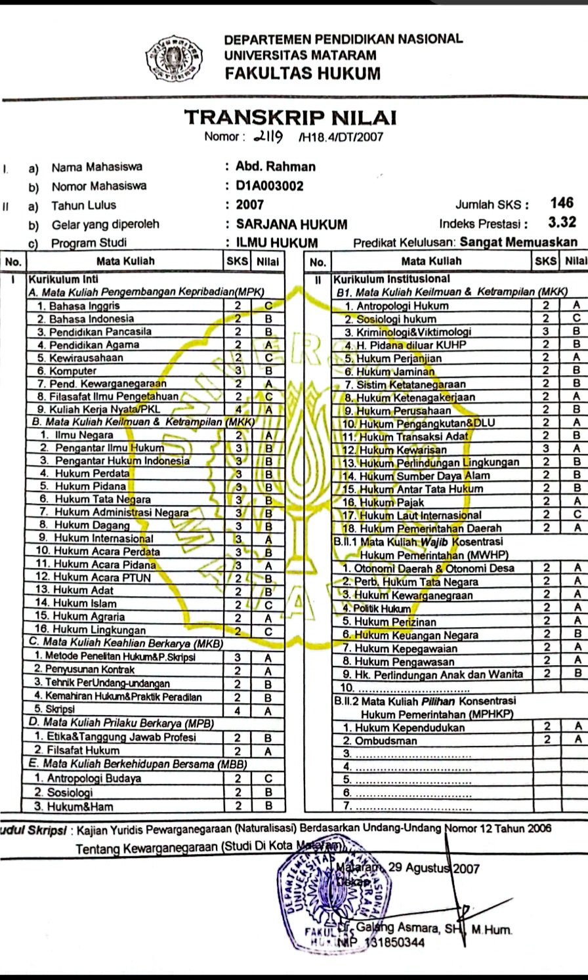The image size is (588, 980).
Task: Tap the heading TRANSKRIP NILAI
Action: tap(290, 118)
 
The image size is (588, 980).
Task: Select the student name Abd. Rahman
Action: tap(276, 166)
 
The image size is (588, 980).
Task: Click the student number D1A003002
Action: tap(270, 186)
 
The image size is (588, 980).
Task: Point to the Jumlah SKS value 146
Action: tap(562, 203)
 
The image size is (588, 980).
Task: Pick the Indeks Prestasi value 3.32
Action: tap(562, 222)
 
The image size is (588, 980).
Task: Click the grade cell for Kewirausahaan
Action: tap(268, 357)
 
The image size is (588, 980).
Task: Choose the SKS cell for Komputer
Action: tap(239, 371)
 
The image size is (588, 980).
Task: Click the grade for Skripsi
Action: tap(268, 710)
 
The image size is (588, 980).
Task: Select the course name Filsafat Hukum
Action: tap(87, 750)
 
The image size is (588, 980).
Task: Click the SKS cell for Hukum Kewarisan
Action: tap(545, 449)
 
